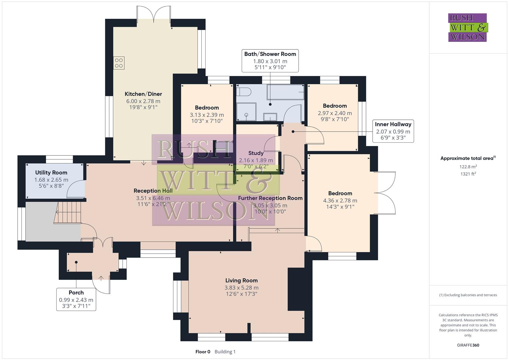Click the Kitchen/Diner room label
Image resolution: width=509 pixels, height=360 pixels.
point(143,94)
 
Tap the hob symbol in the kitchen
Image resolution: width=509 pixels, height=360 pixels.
point(119,63)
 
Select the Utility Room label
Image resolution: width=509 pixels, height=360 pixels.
point(51,173)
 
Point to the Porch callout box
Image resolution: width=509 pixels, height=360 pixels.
point(76,299)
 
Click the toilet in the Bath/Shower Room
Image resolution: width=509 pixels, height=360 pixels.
point(245,91)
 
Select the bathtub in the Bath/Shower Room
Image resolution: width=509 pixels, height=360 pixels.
point(285,92)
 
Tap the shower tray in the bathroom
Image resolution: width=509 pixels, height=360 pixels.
point(246,112)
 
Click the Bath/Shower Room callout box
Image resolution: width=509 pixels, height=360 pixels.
point(270,61)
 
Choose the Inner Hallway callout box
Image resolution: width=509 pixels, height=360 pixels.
point(393,131)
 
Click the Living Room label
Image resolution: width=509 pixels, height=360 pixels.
point(241,281)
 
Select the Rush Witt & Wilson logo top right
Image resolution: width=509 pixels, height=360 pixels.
point(467,27)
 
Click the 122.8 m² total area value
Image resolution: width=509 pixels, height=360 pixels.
point(468,167)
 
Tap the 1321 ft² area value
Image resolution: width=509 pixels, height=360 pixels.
point(468,174)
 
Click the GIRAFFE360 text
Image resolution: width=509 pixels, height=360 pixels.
point(468,345)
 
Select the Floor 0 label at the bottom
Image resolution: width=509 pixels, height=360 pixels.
point(203,352)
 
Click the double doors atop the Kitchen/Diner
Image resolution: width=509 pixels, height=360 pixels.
point(154,14)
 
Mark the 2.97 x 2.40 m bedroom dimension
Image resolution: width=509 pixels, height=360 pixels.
point(335,113)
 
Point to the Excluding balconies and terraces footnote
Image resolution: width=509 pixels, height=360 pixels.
point(468,295)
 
